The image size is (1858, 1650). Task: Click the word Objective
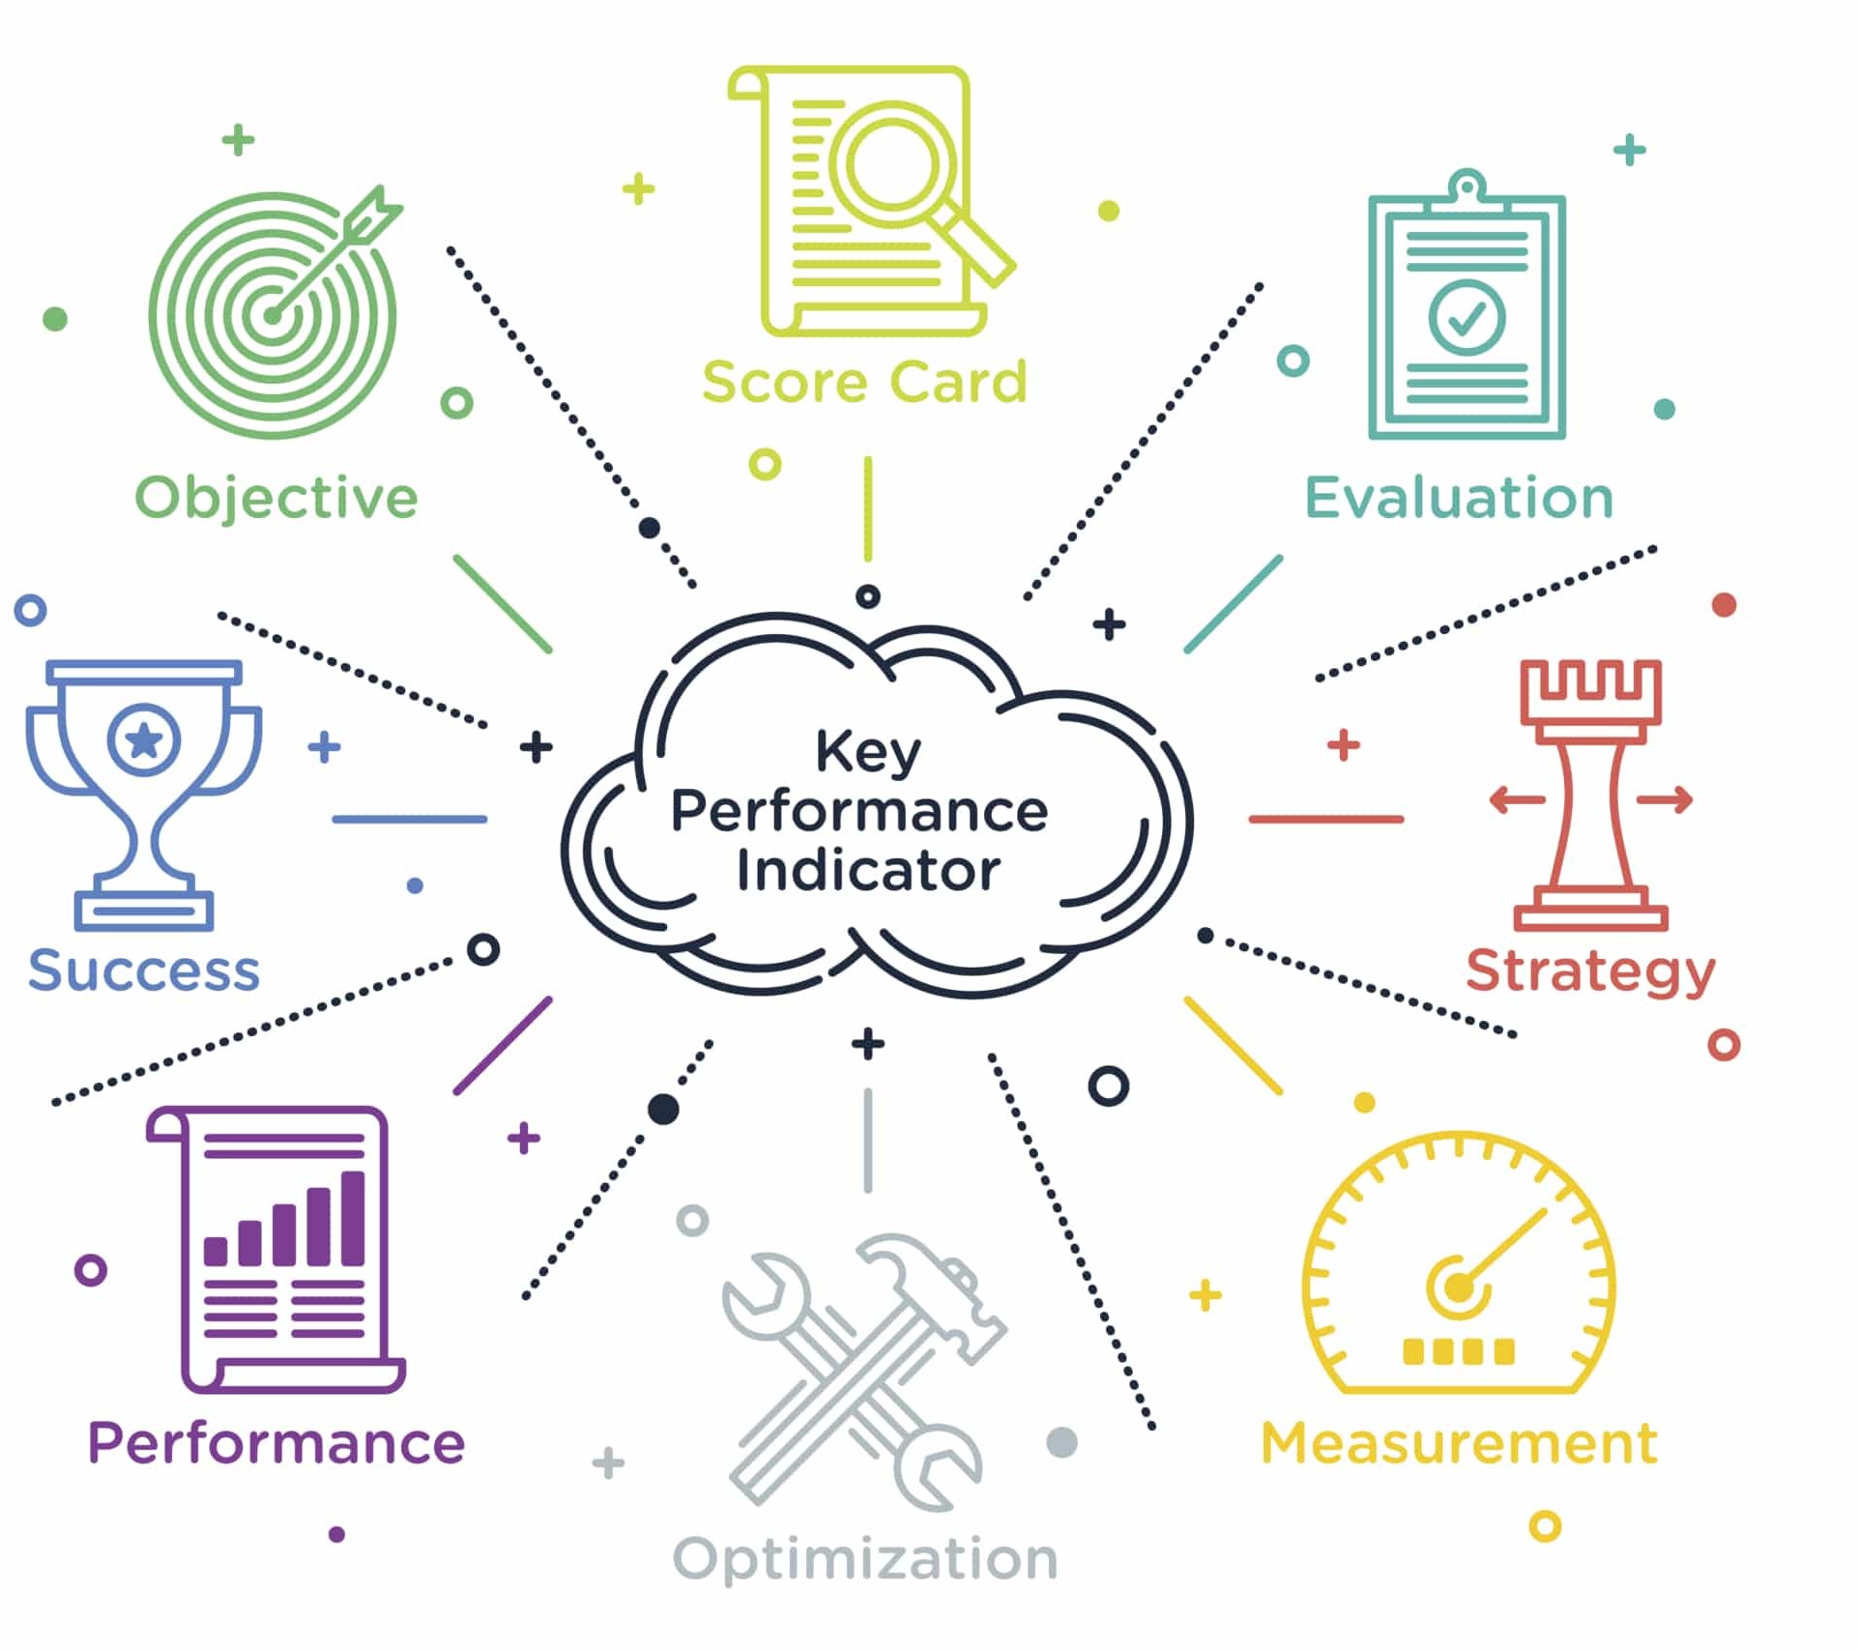(276, 498)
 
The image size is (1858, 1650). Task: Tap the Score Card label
(864, 382)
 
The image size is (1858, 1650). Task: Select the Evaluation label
(1459, 498)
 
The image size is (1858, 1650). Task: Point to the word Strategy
(1590, 970)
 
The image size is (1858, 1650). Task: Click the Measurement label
(1459, 1443)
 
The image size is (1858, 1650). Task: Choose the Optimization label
(865, 1558)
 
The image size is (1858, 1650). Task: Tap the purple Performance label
(276, 1443)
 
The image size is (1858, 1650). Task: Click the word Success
(144, 970)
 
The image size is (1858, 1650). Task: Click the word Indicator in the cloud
(867, 871)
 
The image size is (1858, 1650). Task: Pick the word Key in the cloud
(867, 752)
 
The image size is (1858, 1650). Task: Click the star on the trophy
(144, 740)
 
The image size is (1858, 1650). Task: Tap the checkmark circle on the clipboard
(1466, 317)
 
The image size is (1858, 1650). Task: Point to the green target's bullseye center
(272, 315)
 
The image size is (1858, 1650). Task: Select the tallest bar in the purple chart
(353, 1218)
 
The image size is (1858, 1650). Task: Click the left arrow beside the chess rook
(1516, 799)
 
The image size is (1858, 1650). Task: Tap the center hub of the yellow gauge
(1458, 1287)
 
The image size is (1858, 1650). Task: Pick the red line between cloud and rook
(1325, 819)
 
